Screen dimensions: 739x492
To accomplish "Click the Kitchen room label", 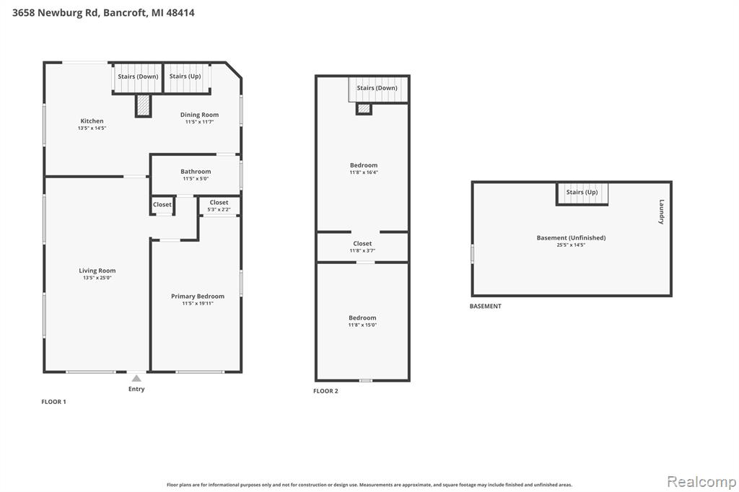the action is (x=92, y=121).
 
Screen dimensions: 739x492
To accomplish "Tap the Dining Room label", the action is (x=199, y=115).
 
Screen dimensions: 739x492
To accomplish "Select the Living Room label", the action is (x=97, y=271).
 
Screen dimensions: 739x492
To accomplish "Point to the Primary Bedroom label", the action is (x=198, y=296).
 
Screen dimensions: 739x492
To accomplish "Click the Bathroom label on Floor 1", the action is (x=196, y=172).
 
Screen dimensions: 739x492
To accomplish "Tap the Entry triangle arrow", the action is (x=136, y=378).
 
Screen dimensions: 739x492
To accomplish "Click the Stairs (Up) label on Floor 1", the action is (x=185, y=76).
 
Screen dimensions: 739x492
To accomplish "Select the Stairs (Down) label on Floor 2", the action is (x=377, y=88).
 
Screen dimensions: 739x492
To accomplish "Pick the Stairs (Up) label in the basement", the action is (x=582, y=192).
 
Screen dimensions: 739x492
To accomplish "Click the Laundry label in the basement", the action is (x=662, y=211).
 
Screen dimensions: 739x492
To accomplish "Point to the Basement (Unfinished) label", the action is (x=572, y=237).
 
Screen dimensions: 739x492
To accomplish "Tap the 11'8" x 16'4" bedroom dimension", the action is (x=364, y=172).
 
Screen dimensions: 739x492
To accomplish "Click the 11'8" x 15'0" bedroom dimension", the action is (x=362, y=325).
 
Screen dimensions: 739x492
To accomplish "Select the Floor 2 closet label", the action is (x=362, y=244).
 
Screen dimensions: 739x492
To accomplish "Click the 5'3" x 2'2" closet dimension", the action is (x=219, y=209).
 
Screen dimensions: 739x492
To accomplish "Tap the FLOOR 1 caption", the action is (x=53, y=402).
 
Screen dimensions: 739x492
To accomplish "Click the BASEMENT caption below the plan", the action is (x=486, y=306).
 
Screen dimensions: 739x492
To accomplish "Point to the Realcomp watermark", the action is (x=701, y=481).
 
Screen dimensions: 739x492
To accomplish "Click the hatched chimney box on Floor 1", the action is (x=144, y=105).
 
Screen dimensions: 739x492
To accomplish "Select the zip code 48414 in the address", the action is (x=180, y=13).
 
